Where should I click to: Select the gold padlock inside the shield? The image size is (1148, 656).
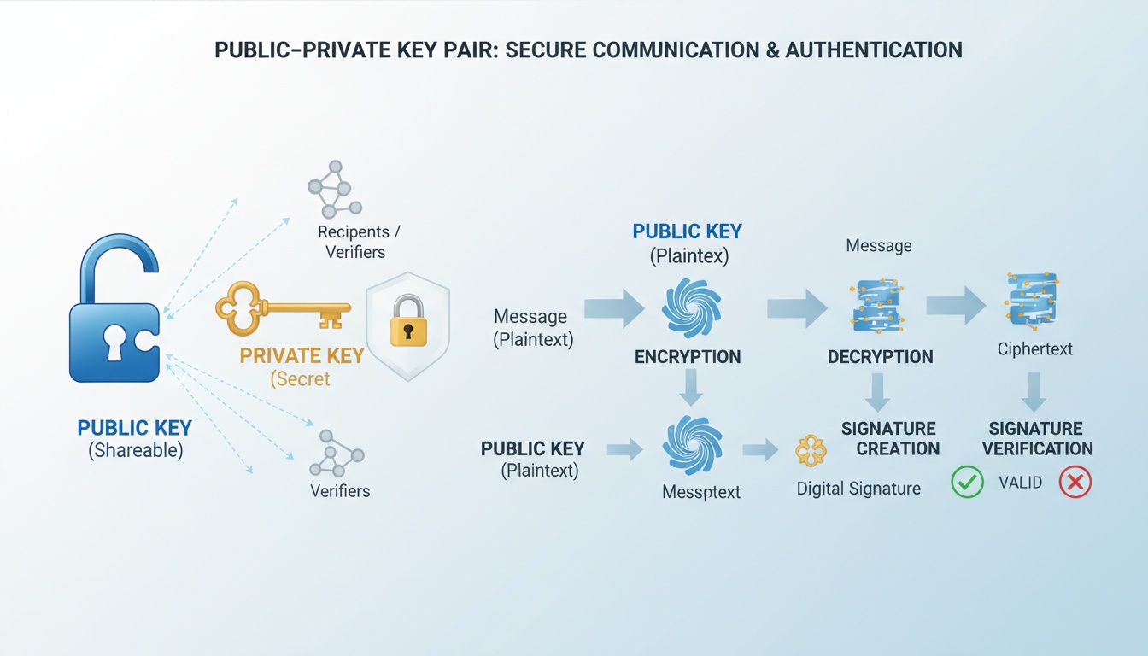pos(408,322)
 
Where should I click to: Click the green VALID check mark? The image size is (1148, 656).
pos(968,483)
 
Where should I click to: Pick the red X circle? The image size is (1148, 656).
pos(1075,483)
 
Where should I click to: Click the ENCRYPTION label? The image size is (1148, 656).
pos(688,357)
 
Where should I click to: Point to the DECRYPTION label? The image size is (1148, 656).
pos(881,357)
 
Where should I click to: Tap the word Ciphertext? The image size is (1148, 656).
pos(1035,349)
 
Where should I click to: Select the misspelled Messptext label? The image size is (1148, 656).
pos(701,492)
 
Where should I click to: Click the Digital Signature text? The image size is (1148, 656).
pos(858,489)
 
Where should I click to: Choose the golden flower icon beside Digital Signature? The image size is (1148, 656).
pos(811,450)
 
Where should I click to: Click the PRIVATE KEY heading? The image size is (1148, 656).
pos(302,356)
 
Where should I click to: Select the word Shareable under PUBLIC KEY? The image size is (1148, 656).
pos(136,451)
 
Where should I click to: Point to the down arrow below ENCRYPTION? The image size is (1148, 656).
pos(692,389)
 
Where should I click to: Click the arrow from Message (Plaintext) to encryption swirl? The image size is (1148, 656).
pos(614,308)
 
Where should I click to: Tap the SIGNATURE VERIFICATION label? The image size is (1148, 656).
pos(1036,438)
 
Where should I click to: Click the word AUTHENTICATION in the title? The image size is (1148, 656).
pos(874,50)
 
